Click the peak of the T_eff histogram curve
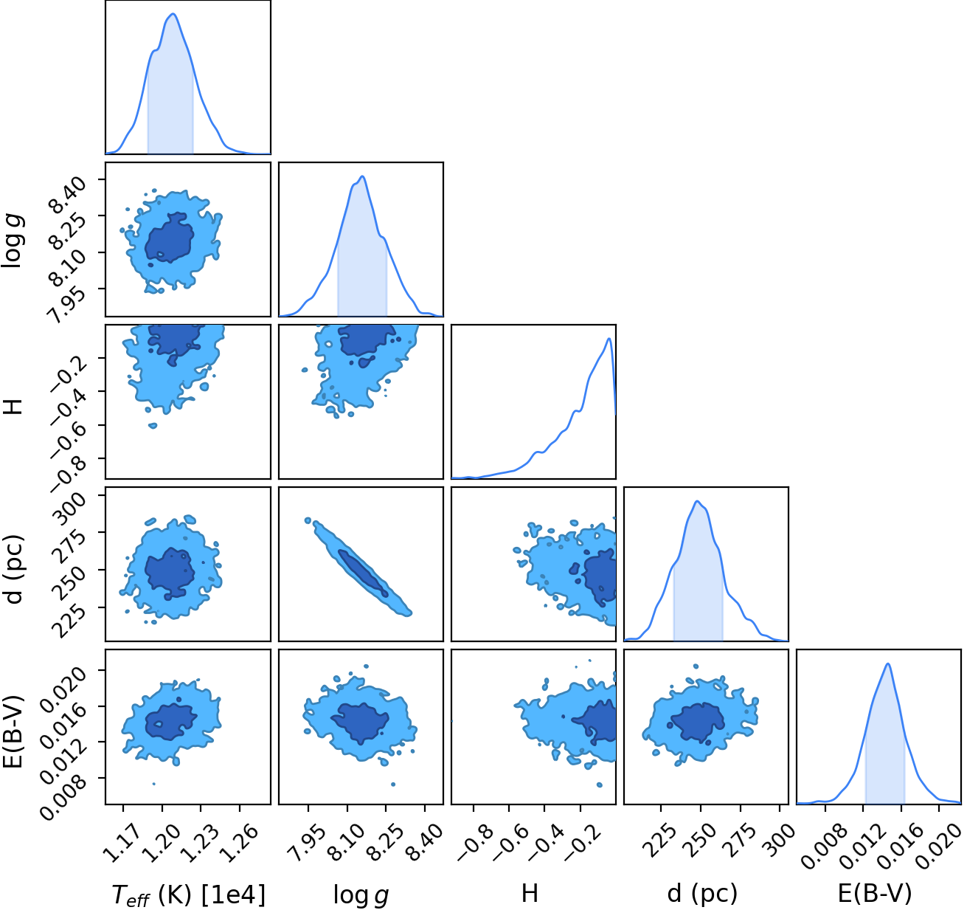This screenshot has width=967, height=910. pos(173,13)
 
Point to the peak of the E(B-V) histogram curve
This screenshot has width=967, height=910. pos(888,663)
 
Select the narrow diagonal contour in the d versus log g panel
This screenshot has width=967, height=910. pos(359,567)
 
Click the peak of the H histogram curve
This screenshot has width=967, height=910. pos(609,338)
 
